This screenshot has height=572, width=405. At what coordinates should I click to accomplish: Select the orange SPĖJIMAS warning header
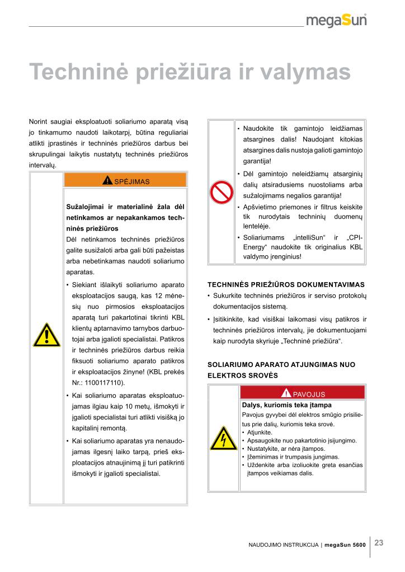click(x=125, y=180)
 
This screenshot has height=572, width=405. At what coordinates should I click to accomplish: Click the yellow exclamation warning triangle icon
click(x=46, y=335)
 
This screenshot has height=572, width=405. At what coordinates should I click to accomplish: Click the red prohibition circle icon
click(x=221, y=192)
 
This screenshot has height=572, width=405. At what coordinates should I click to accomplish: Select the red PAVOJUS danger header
click(x=302, y=393)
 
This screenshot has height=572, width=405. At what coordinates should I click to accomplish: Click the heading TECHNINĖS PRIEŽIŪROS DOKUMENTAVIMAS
click(x=286, y=284)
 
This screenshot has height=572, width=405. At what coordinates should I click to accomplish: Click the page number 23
click(x=379, y=542)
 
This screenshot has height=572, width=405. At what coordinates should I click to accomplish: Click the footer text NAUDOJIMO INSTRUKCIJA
click(x=284, y=544)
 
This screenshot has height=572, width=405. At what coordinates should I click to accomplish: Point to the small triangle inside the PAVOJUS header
click(x=286, y=393)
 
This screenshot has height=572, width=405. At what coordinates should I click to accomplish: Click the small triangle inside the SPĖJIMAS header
click(x=107, y=180)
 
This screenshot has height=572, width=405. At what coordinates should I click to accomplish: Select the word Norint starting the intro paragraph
click(x=39, y=121)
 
